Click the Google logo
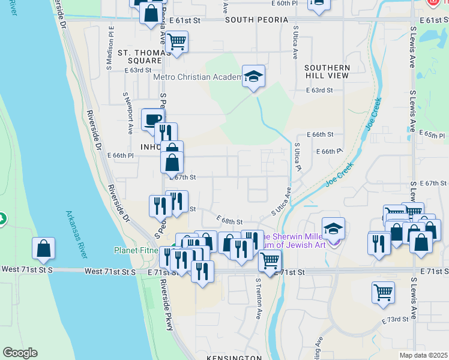pyautogui.click(x=20, y=353)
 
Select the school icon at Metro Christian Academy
pyautogui.click(x=253, y=76)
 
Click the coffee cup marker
pyautogui.click(x=152, y=119)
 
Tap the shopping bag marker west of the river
pyautogui.click(x=43, y=249)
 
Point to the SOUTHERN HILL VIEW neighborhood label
pyautogui.click(x=327, y=71)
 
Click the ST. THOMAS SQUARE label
pyautogui.click(x=140, y=56)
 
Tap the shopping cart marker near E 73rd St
pyautogui.click(x=383, y=293)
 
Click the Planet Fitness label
pyautogui.click(x=136, y=250)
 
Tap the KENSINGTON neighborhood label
pyautogui.click(x=234, y=358)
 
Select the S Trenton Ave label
pyautogui.click(x=259, y=298)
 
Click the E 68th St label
pyautogui.click(x=229, y=222)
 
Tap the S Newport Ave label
pyautogui.click(x=128, y=113)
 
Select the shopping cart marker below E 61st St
pyautogui.click(x=176, y=42)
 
